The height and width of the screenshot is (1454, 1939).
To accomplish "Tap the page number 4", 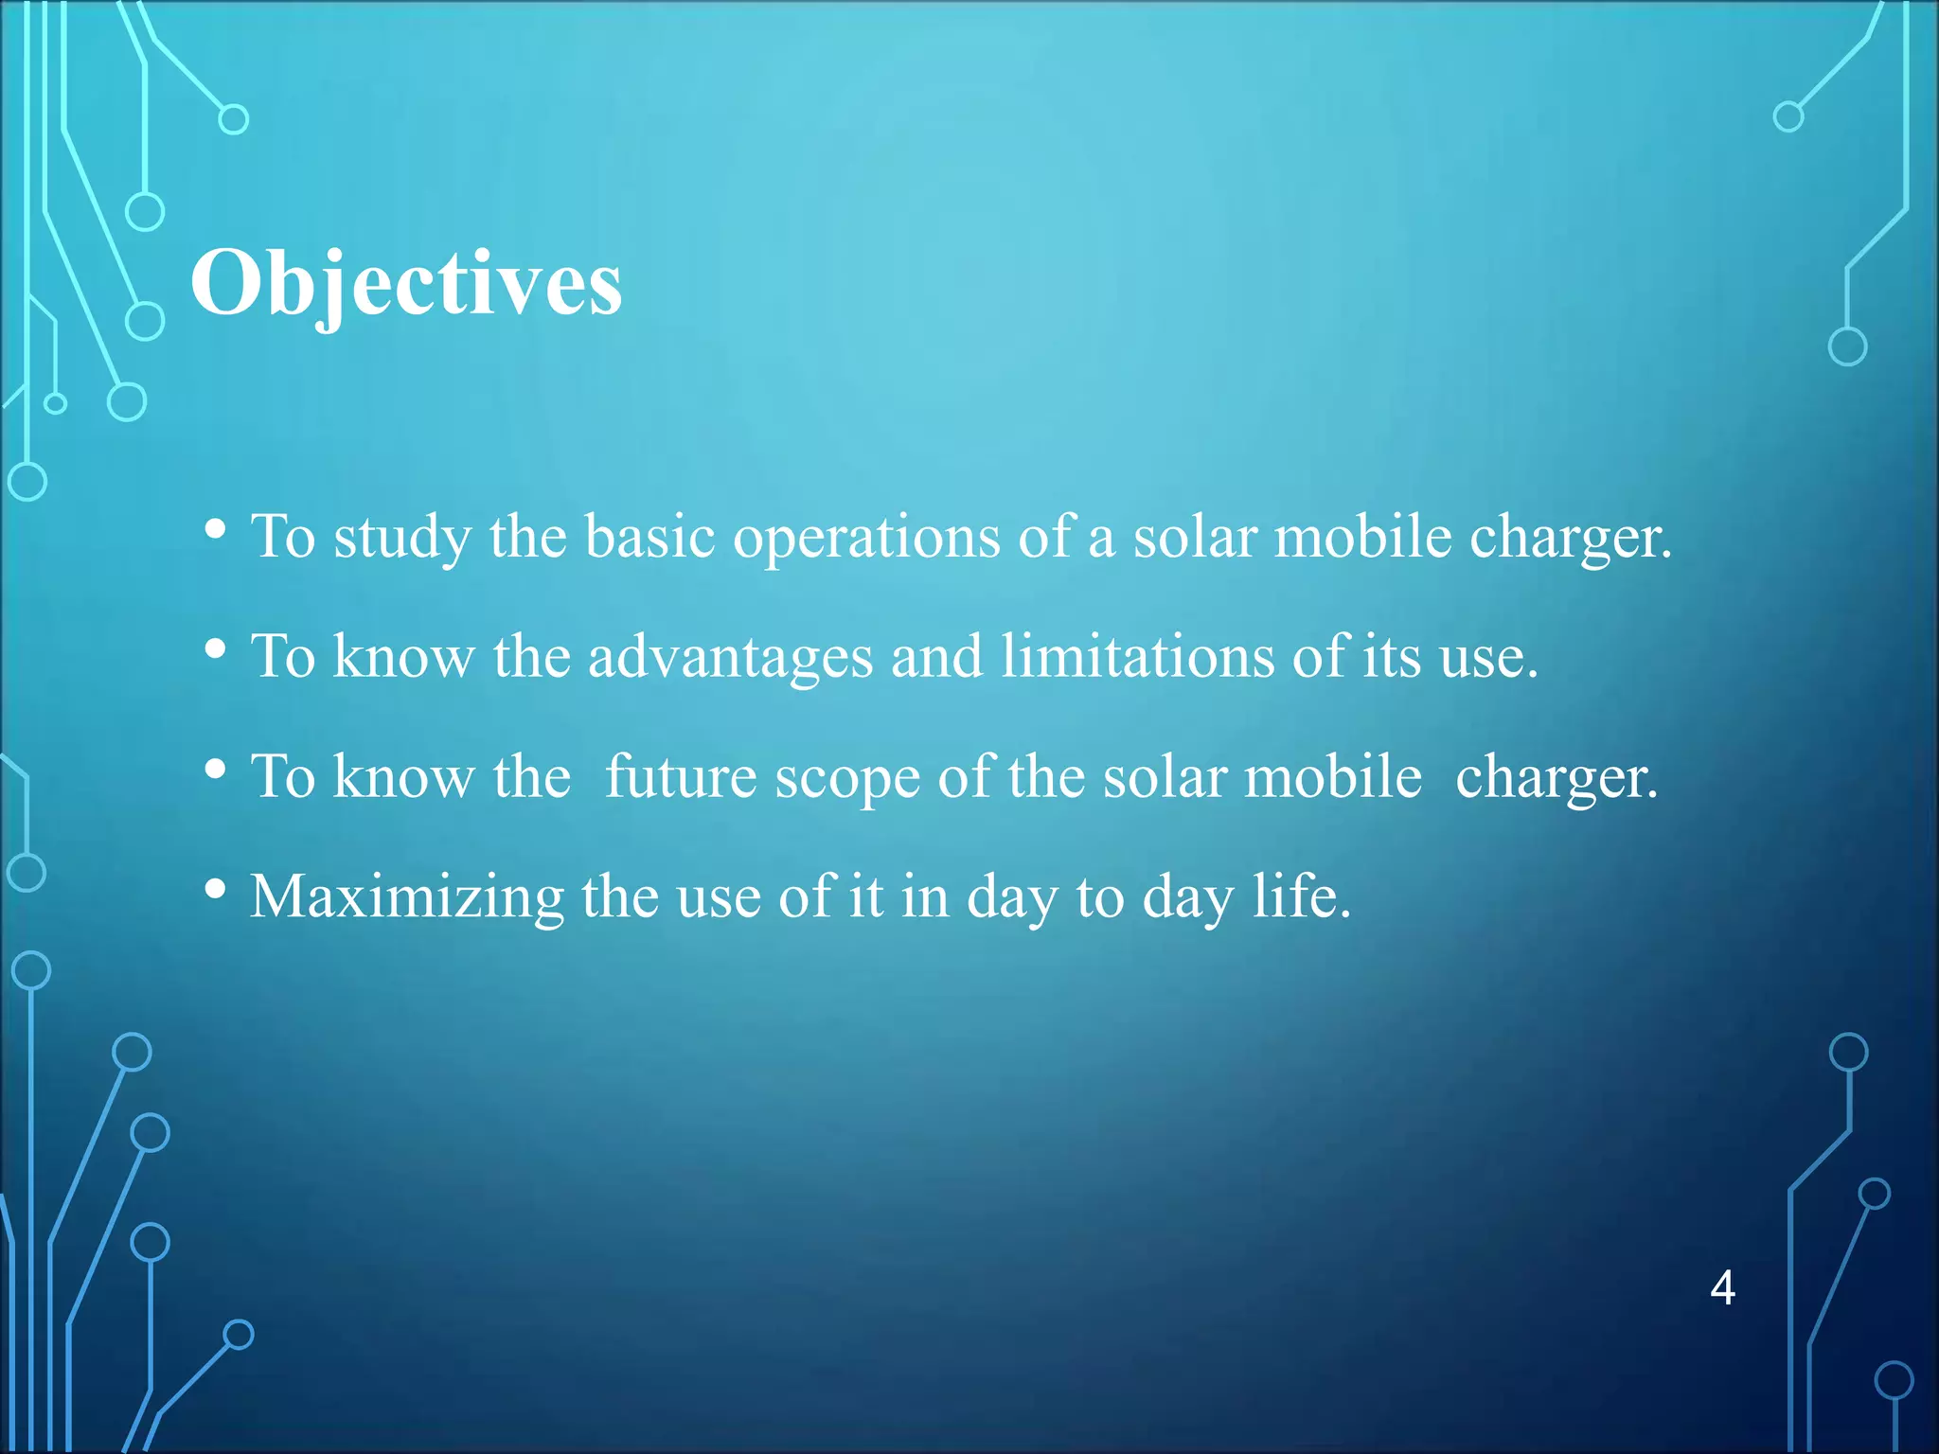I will [x=1722, y=1288].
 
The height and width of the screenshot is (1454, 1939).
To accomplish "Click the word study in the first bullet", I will [x=401, y=538].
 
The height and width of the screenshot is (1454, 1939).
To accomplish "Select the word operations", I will [x=866, y=538].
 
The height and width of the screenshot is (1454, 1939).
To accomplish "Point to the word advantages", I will [x=730, y=657].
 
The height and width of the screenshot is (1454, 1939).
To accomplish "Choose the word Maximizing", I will [x=407, y=897].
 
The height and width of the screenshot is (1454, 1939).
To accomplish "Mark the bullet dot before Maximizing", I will [x=216, y=889].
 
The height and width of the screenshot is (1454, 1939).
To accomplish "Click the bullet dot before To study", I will [x=216, y=529].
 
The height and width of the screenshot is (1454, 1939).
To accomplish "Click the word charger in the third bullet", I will [x=1556, y=778].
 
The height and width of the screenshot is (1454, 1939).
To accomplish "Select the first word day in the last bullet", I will [x=1011, y=897].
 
